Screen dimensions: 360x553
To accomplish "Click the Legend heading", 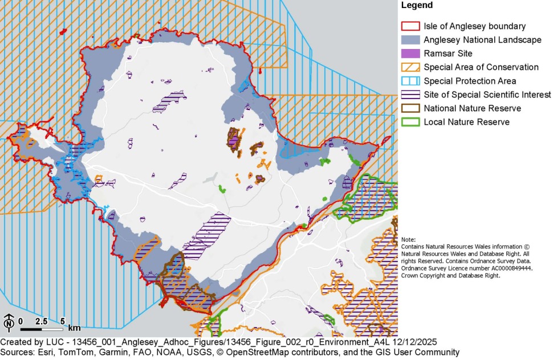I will [x=417, y=6].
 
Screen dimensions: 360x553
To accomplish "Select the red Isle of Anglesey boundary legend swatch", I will [x=410, y=26].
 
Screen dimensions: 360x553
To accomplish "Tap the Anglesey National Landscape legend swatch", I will [x=410, y=40].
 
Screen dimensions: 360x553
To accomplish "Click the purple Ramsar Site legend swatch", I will [x=410, y=54].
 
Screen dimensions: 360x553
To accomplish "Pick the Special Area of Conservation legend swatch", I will [x=410, y=67].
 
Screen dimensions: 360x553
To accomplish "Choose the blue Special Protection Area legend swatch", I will [x=410, y=81].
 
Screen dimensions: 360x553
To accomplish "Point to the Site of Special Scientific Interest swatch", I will [x=410, y=95].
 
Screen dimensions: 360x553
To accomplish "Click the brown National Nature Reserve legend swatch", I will [x=410, y=108].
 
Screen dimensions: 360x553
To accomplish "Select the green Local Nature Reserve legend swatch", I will [x=410, y=122].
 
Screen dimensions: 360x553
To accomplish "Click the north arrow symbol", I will [x=9, y=323].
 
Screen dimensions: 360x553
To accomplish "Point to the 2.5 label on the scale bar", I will [x=42, y=321].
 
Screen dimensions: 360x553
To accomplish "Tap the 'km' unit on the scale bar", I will [x=74, y=328].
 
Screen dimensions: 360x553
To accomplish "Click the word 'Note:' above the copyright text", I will [x=409, y=239].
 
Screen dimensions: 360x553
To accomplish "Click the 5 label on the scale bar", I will [x=62, y=321].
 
